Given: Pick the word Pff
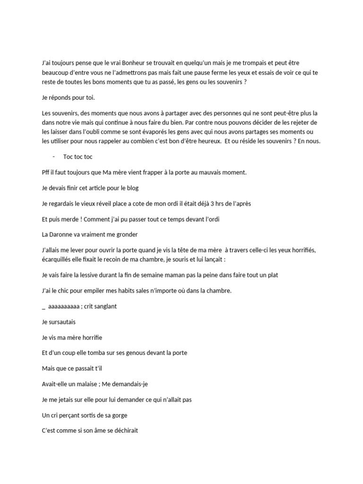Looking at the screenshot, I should (x=46, y=173).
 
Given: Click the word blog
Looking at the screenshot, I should (x=132, y=188).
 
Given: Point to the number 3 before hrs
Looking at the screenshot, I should (x=212, y=204).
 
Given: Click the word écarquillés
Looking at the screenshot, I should (x=59, y=259).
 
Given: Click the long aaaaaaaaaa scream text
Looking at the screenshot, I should (x=63, y=306).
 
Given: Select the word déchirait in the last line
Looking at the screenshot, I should (x=122, y=431).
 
